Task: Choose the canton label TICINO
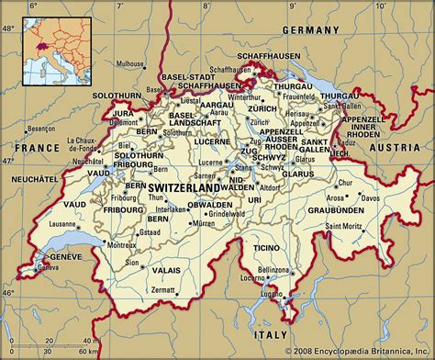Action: pyautogui.click(x=267, y=248)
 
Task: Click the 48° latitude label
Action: pyautogui.click(x=9, y=29)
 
